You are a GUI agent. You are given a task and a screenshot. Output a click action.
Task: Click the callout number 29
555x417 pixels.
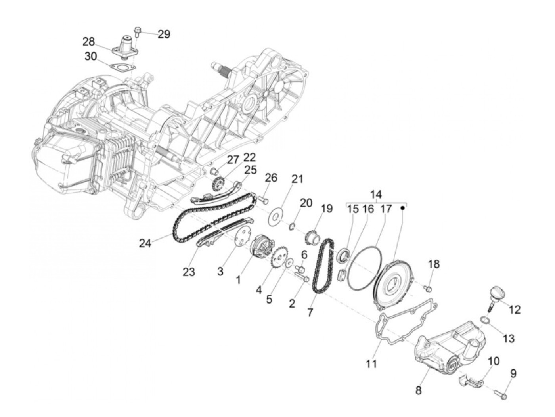(x=164, y=34)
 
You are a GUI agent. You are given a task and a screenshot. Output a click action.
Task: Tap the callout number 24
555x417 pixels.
(x=145, y=243)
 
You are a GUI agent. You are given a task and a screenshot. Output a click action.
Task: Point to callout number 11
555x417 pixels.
(x=371, y=363)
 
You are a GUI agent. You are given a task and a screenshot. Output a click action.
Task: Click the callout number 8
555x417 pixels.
(x=419, y=390)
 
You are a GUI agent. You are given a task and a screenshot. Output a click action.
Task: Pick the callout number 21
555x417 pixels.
(x=297, y=179)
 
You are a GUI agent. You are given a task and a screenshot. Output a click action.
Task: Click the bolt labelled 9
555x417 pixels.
(x=500, y=394)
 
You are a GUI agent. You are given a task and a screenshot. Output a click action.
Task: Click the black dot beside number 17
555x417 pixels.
(x=403, y=208)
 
